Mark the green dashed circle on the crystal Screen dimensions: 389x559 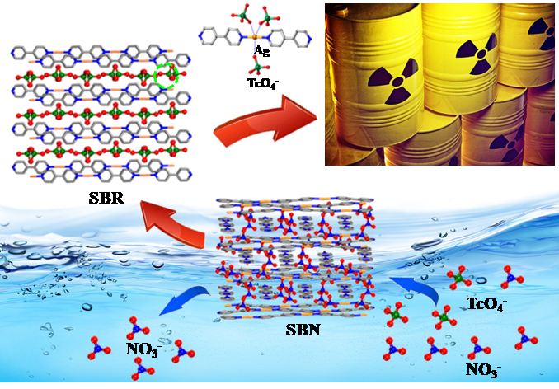tap(170, 77)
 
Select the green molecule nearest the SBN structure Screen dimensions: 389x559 tap(395, 316)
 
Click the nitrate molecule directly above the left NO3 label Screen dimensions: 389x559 tap(137, 329)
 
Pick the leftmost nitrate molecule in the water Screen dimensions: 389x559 tap(97, 346)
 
